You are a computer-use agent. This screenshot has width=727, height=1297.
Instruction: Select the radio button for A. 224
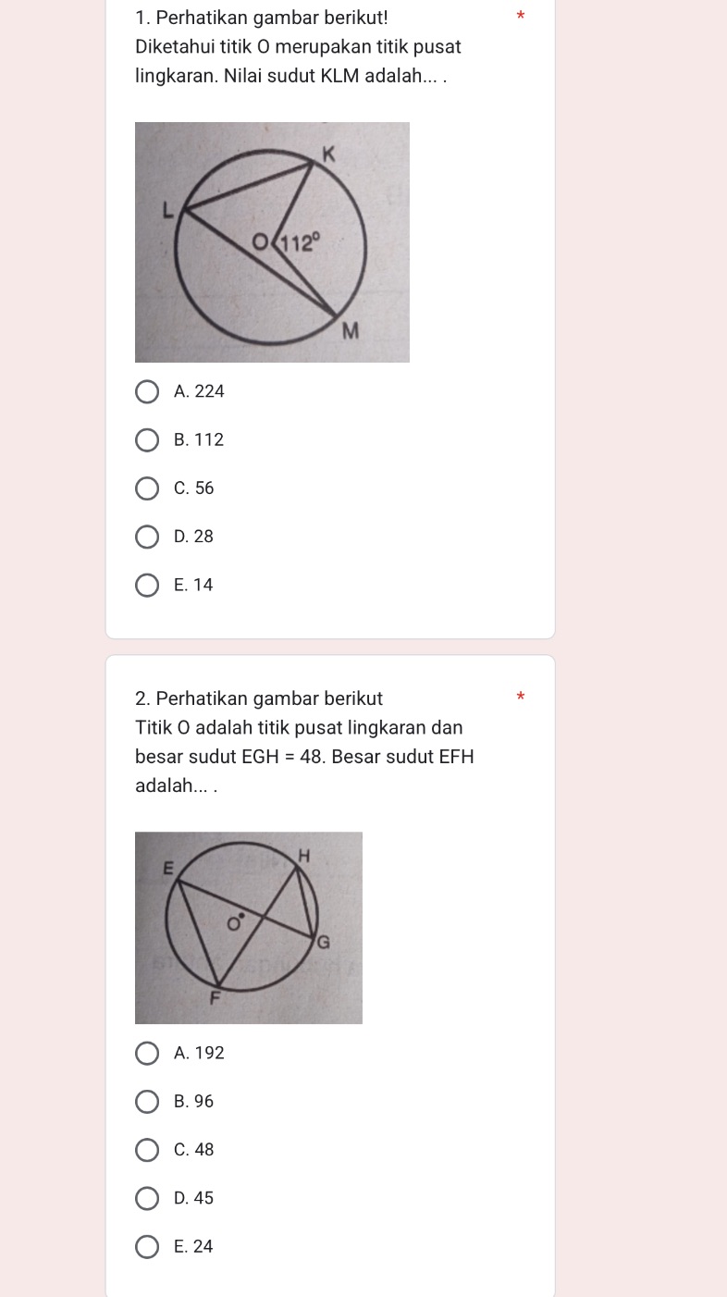coord(147,391)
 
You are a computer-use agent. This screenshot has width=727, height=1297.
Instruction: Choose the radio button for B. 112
coord(147,440)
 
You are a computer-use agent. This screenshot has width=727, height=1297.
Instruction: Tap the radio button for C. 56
coord(147,488)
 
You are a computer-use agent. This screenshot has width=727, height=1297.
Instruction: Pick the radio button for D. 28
coord(147,537)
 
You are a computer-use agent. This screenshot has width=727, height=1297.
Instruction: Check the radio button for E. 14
coord(147,585)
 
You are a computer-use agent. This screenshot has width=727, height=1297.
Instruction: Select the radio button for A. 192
coord(147,1053)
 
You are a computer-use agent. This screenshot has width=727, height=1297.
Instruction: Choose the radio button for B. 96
coord(147,1102)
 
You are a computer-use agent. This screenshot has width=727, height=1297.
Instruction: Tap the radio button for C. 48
coord(147,1150)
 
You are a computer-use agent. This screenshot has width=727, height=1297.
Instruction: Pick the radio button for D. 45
coord(147,1198)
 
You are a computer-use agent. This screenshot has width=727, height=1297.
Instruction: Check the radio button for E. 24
coord(147,1246)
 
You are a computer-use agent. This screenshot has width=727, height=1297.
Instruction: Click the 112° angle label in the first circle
coord(302,244)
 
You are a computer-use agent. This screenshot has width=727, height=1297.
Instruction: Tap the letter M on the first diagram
coord(350,330)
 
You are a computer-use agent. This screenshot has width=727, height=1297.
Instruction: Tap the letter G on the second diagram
coord(323,943)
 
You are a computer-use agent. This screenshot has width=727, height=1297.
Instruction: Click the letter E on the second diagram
coord(167,867)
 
